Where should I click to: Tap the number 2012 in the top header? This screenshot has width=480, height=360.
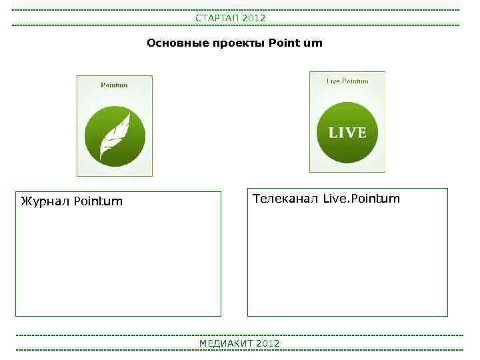coord(254,18)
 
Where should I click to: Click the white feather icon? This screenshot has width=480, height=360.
coord(115,136)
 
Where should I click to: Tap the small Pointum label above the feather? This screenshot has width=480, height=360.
coord(114,85)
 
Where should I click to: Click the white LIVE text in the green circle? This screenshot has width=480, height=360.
coord(347,133)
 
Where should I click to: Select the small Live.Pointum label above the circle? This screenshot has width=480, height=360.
coord(347,81)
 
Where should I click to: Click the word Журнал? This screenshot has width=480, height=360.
coord(45,201)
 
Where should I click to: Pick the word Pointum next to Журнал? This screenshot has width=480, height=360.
coord(98,201)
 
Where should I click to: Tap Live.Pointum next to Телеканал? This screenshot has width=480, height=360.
coord(361,198)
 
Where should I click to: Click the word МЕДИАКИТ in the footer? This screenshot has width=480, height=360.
coord(226,343)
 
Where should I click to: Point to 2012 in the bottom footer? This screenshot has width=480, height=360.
coord(267,343)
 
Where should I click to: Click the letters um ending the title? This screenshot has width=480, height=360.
coord(313,43)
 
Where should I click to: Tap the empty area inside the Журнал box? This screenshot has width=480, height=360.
coord(118,263)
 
